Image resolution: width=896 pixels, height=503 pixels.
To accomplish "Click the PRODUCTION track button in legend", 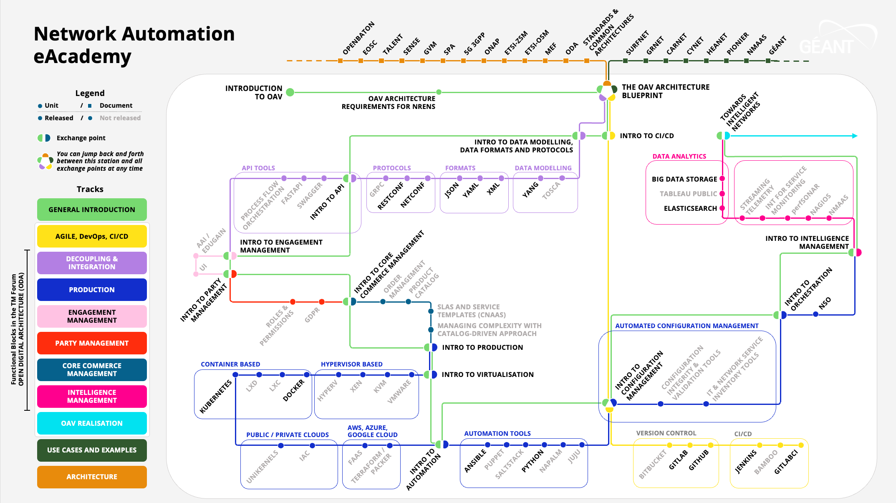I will (x=92, y=290).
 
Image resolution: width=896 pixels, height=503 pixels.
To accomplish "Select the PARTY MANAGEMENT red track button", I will (x=92, y=343).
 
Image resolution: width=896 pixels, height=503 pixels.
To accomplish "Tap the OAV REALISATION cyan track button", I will (x=92, y=423).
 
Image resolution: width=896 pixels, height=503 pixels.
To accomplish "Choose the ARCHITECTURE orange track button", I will (x=92, y=477).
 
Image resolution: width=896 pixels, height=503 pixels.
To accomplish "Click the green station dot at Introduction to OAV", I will (x=290, y=92).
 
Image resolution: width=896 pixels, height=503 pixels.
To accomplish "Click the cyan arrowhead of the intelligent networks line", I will (x=855, y=136).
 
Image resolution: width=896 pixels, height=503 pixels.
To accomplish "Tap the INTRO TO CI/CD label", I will (x=646, y=136).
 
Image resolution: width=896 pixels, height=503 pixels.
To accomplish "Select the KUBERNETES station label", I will (x=215, y=397).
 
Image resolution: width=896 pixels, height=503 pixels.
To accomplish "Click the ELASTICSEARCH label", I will (x=690, y=208).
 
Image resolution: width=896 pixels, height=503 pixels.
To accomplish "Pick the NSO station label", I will (x=825, y=303).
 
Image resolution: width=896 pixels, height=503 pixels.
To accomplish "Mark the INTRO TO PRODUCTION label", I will (x=482, y=347).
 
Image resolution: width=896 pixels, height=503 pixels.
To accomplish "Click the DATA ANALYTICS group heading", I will (x=679, y=156).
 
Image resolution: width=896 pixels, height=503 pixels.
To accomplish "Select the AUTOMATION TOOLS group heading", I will (x=497, y=434).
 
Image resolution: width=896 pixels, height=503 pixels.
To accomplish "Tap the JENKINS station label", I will (x=746, y=462).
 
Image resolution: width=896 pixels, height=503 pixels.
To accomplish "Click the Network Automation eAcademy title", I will (x=134, y=45).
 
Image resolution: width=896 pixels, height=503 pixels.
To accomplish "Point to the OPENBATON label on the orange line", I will (x=358, y=38).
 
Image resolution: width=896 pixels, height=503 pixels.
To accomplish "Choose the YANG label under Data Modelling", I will (x=530, y=190).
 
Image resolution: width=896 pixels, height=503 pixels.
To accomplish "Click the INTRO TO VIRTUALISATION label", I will (x=487, y=374).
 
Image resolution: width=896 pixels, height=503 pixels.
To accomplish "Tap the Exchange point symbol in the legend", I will (x=44, y=138).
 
